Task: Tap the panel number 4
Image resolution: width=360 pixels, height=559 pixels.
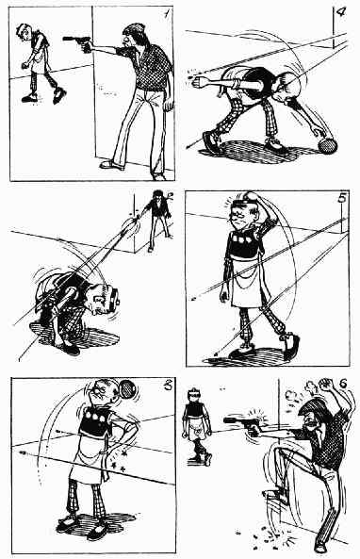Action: pos(341,11)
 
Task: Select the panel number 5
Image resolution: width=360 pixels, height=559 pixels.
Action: pos(342,197)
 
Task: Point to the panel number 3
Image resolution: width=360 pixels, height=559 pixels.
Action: pos(167,385)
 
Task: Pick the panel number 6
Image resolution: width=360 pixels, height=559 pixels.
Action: pos(343,384)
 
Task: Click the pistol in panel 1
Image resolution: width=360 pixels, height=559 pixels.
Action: pos(77,42)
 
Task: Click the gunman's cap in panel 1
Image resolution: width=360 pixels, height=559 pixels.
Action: pos(134,28)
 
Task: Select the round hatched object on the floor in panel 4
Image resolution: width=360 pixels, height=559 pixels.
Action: pos(327,145)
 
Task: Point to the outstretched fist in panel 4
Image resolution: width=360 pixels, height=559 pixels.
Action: pos(197,83)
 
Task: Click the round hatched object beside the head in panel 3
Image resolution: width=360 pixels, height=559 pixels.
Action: pos(127,389)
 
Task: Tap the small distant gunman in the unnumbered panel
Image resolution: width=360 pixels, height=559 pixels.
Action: pos(158,220)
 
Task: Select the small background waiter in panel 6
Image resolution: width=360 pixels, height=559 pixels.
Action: pos(197,426)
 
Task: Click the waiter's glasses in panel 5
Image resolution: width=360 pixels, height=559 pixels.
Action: pos(241,215)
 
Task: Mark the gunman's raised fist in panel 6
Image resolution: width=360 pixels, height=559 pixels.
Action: pos(325,385)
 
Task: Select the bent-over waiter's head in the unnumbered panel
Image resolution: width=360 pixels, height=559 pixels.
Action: pos(104,299)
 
